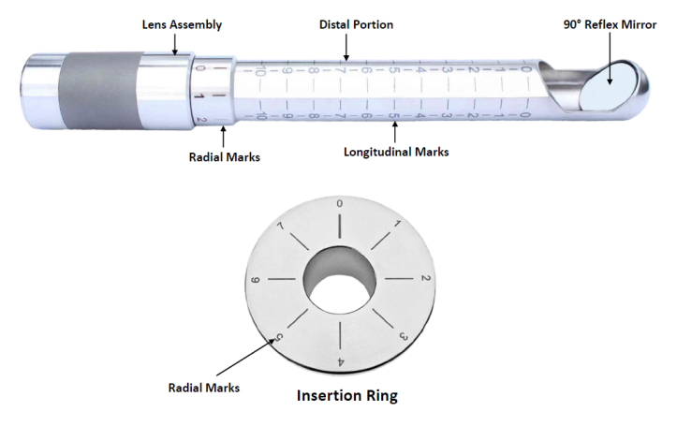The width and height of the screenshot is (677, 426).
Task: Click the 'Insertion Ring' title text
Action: click(347, 395)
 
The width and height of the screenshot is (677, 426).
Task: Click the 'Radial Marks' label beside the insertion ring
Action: click(200, 385)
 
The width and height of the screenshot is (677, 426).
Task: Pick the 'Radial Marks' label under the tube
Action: click(223, 156)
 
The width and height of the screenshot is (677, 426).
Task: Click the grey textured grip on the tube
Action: click(98, 85)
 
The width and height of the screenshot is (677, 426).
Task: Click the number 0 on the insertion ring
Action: click(339, 203)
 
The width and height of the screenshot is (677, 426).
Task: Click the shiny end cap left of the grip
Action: click(37, 85)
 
